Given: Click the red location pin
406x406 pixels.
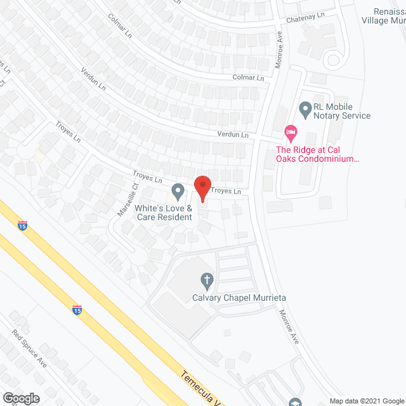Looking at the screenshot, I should coord(202,187).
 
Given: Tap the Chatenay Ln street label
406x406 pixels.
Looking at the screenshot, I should coord(304,15).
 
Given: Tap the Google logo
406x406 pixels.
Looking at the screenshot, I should coord(20,398).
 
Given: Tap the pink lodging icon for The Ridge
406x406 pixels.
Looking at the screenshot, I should coord(291,134).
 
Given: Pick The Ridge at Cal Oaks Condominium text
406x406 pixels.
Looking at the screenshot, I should coord(317,155).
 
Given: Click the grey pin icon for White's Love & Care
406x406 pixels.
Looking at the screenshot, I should coord(178,190).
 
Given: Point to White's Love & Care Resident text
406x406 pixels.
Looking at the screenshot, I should coord(163,213).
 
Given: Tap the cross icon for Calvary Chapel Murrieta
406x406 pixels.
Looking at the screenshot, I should coord(206,279).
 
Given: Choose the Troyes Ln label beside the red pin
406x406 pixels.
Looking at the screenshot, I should coord(226,191).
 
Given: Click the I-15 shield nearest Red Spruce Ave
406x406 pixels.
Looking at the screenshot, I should coord(77,310).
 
